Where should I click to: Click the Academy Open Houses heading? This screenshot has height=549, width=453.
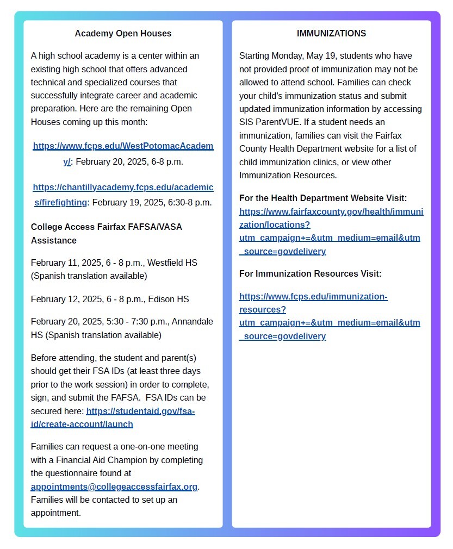(x=123, y=34)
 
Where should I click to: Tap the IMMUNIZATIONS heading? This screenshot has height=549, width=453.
(x=331, y=34)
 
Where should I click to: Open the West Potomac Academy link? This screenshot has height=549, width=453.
(x=123, y=146)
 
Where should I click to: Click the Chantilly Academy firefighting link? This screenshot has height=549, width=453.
(x=123, y=188)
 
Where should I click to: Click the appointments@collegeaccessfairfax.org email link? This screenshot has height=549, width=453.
(x=114, y=486)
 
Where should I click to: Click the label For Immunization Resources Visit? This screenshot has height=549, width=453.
(x=310, y=274)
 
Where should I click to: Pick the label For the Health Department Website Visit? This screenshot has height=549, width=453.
(x=323, y=198)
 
